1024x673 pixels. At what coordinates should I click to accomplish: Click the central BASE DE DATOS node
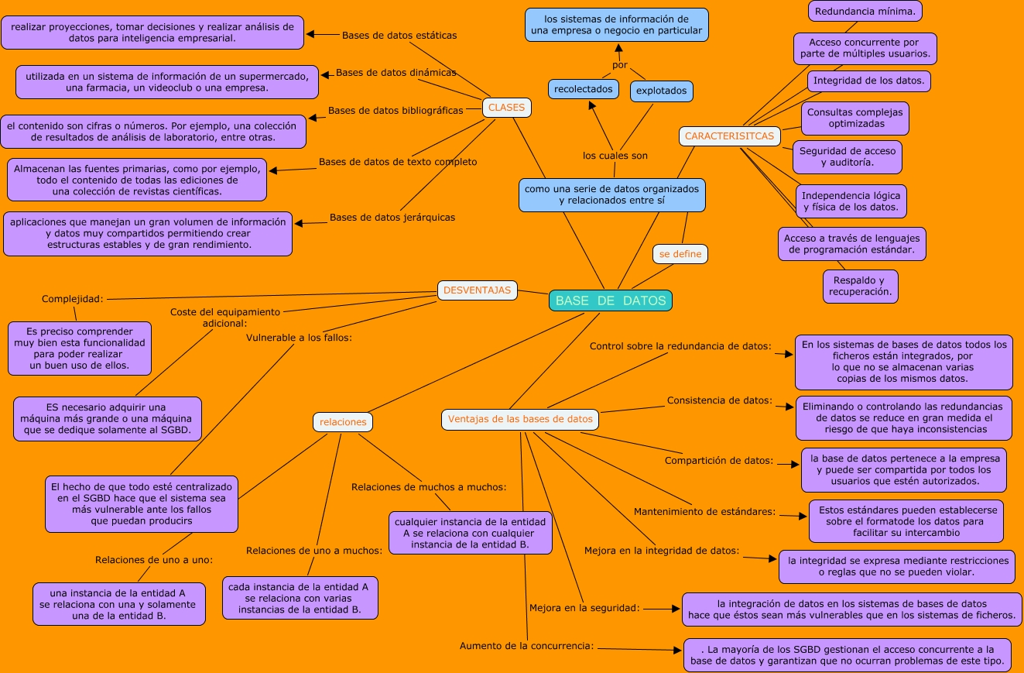coord(610,300)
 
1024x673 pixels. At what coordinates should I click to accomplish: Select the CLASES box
coord(506,108)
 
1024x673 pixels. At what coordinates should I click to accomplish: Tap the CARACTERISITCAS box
coord(729,136)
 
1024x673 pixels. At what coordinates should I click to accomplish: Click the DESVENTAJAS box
coord(477,290)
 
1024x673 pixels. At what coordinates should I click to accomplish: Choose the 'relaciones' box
coord(343,422)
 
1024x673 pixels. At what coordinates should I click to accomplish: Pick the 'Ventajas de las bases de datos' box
coord(520,419)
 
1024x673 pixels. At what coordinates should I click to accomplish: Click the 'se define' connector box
coord(680,254)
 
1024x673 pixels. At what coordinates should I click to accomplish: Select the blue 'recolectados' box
coord(584,89)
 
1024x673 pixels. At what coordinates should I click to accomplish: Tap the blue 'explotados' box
coord(661,91)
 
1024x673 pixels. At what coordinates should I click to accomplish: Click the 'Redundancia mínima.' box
coord(865,11)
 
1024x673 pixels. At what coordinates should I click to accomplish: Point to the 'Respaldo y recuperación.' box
coord(860,286)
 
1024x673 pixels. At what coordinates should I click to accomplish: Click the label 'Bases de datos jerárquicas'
coord(392,218)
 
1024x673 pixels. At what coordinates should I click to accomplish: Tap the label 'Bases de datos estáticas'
coord(399,36)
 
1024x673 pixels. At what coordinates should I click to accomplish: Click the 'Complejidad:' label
coord(72,299)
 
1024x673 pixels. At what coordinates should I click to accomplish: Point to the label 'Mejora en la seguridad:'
coord(584,608)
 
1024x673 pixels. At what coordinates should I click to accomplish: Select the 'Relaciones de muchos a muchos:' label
coord(429,487)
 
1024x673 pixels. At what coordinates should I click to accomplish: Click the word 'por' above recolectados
coord(619,64)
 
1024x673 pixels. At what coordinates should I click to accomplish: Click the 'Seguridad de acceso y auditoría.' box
coord(847,156)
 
